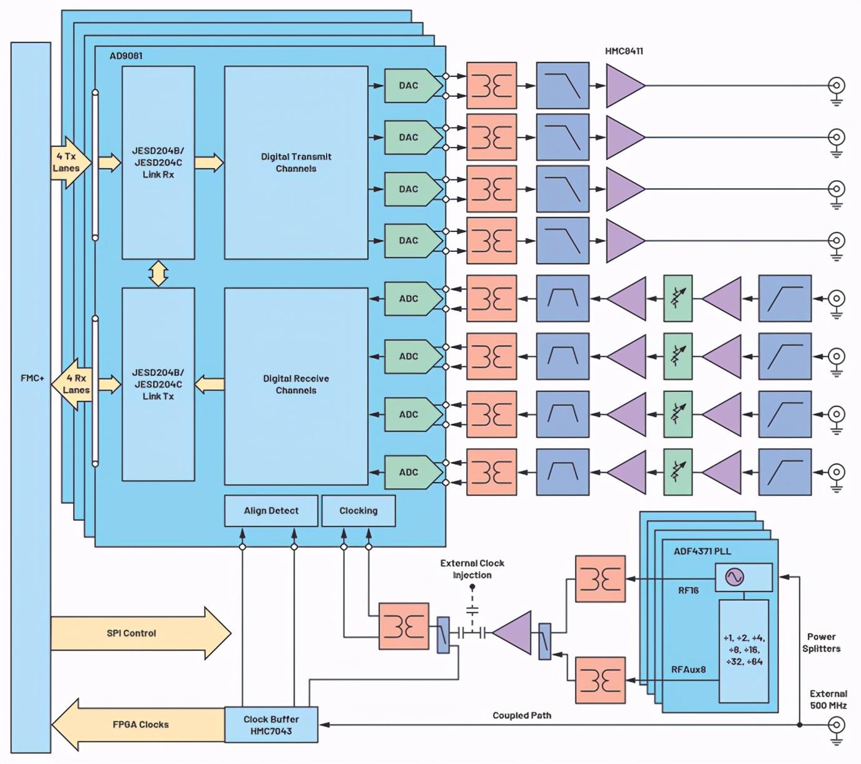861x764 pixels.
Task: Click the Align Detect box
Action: pos(271,511)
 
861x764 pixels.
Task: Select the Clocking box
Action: pos(358,511)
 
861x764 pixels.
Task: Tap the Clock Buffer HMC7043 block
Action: pos(271,725)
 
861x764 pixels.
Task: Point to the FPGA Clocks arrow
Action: pos(138,725)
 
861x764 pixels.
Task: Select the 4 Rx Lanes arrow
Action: pos(73,384)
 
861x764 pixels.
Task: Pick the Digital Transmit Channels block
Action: pos(296,163)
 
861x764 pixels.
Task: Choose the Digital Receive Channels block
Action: pos(296,385)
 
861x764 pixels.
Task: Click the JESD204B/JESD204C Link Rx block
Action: pos(158,163)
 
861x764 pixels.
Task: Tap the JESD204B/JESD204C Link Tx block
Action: pos(158,385)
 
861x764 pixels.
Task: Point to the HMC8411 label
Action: pos(624,51)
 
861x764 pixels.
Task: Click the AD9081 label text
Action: pos(126,56)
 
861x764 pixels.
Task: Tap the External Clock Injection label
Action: pos(472,569)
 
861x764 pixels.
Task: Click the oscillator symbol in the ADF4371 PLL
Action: pos(735,577)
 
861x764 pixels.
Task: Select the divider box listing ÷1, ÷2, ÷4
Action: pos(744,650)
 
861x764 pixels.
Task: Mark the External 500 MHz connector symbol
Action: pos(836,725)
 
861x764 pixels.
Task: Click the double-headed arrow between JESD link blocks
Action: pos(158,273)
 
